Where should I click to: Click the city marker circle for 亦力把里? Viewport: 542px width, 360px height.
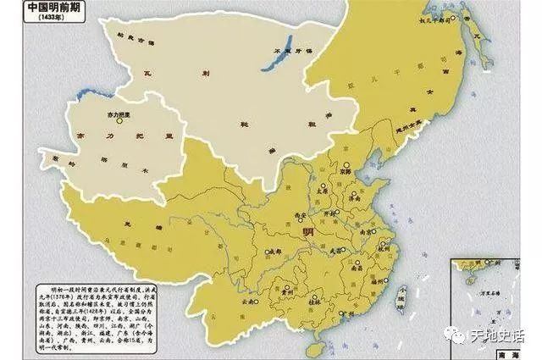pyautogui.click(x=121, y=121)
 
